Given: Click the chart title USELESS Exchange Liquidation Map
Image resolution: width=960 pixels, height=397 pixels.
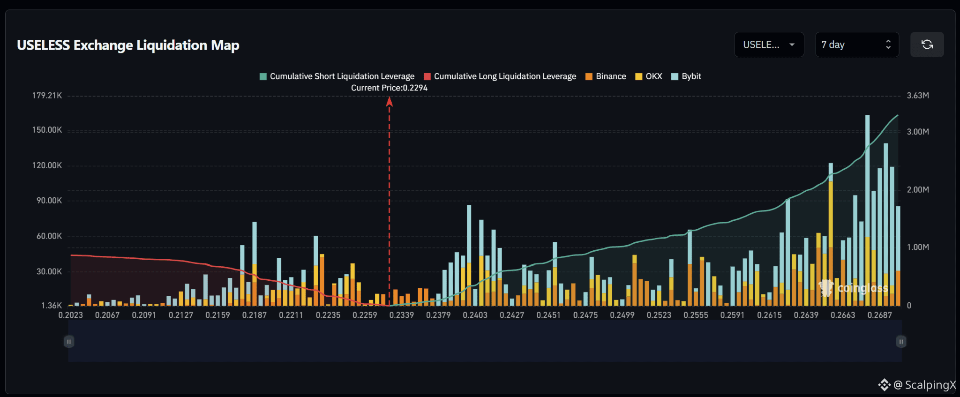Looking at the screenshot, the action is pyautogui.click(x=128, y=45).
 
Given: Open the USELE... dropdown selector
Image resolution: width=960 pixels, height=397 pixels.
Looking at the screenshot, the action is pyautogui.click(x=769, y=45).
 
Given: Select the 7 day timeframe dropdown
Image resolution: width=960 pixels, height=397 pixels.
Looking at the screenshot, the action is pyautogui.click(x=857, y=45).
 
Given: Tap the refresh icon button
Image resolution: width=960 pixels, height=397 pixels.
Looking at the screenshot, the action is pyautogui.click(x=927, y=45).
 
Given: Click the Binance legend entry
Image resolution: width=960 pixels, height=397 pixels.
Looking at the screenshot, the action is pyautogui.click(x=606, y=76).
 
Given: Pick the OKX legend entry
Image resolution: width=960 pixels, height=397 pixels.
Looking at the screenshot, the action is pyautogui.click(x=649, y=76).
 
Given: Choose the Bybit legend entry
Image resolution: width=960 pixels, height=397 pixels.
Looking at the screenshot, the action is pyautogui.click(x=686, y=76).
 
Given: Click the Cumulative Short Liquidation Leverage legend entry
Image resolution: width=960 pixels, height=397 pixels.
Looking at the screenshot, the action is pyautogui.click(x=337, y=76).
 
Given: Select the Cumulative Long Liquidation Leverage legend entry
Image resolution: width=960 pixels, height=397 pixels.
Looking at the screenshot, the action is pyautogui.click(x=500, y=76).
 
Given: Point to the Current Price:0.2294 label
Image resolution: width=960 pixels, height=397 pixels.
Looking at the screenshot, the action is pyautogui.click(x=389, y=88).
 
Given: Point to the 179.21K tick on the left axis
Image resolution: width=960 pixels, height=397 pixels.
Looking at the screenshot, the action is pyautogui.click(x=47, y=96).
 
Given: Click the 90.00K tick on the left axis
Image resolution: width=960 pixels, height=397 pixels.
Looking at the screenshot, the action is pyautogui.click(x=49, y=201).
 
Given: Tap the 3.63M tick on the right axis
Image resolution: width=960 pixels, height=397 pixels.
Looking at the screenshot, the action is pyautogui.click(x=918, y=96).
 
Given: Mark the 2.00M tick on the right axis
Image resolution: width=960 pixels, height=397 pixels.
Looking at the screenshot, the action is pyautogui.click(x=918, y=190).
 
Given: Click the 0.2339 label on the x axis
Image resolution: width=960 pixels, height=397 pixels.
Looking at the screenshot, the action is pyautogui.click(x=402, y=315).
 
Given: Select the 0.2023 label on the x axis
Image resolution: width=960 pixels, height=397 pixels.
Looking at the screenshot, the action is pyautogui.click(x=70, y=315).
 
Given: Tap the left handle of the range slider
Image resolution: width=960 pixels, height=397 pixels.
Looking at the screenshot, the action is pyautogui.click(x=69, y=342).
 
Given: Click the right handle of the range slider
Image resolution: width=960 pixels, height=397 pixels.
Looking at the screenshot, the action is pyautogui.click(x=901, y=342).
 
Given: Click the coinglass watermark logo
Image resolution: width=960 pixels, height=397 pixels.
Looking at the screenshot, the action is pyautogui.click(x=853, y=288).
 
